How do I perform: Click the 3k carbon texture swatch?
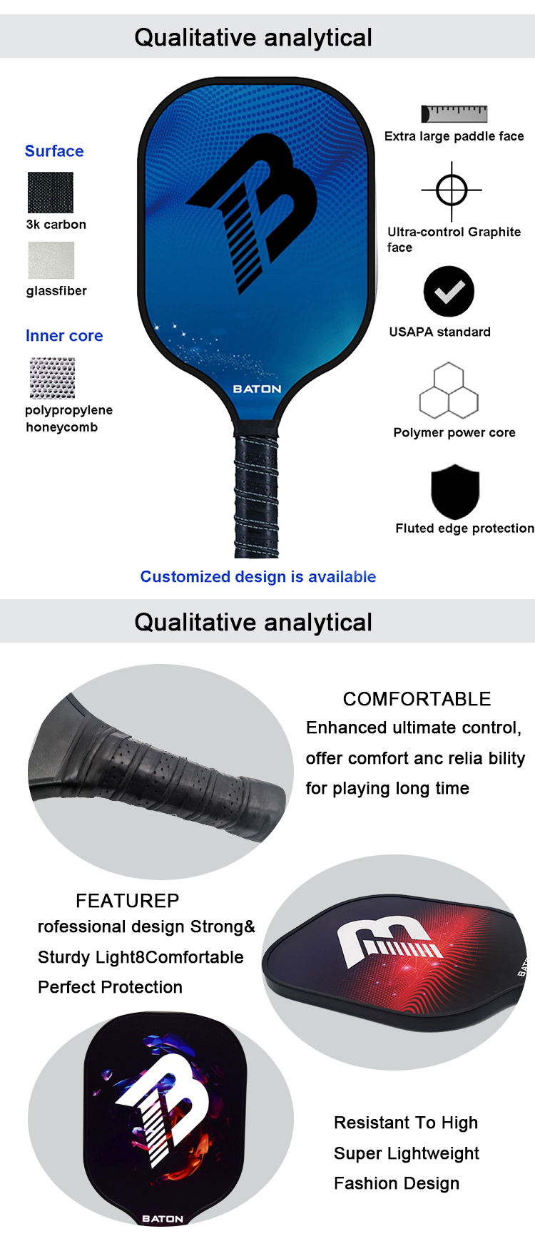[50, 193]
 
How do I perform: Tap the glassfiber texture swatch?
[51, 260]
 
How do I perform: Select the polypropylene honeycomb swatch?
[52, 378]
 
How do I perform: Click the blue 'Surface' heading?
[54, 151]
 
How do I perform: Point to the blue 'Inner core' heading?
[64, 336]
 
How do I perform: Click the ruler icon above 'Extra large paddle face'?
[454, 113]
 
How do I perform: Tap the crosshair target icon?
[452, 190]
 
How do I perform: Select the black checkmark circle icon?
[449, 292]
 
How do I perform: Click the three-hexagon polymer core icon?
[449, 391]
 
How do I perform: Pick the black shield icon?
[455, 491]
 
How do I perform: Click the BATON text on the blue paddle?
[258, 389]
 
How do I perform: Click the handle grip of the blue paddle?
[257, 496]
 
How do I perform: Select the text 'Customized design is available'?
[258, 576]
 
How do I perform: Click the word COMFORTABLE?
[417, 699]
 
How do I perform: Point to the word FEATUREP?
[128, 901]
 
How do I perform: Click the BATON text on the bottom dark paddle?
[163, 1219]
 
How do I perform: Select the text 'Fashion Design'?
[397, 1183]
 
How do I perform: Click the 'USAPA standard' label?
[440, 332]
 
